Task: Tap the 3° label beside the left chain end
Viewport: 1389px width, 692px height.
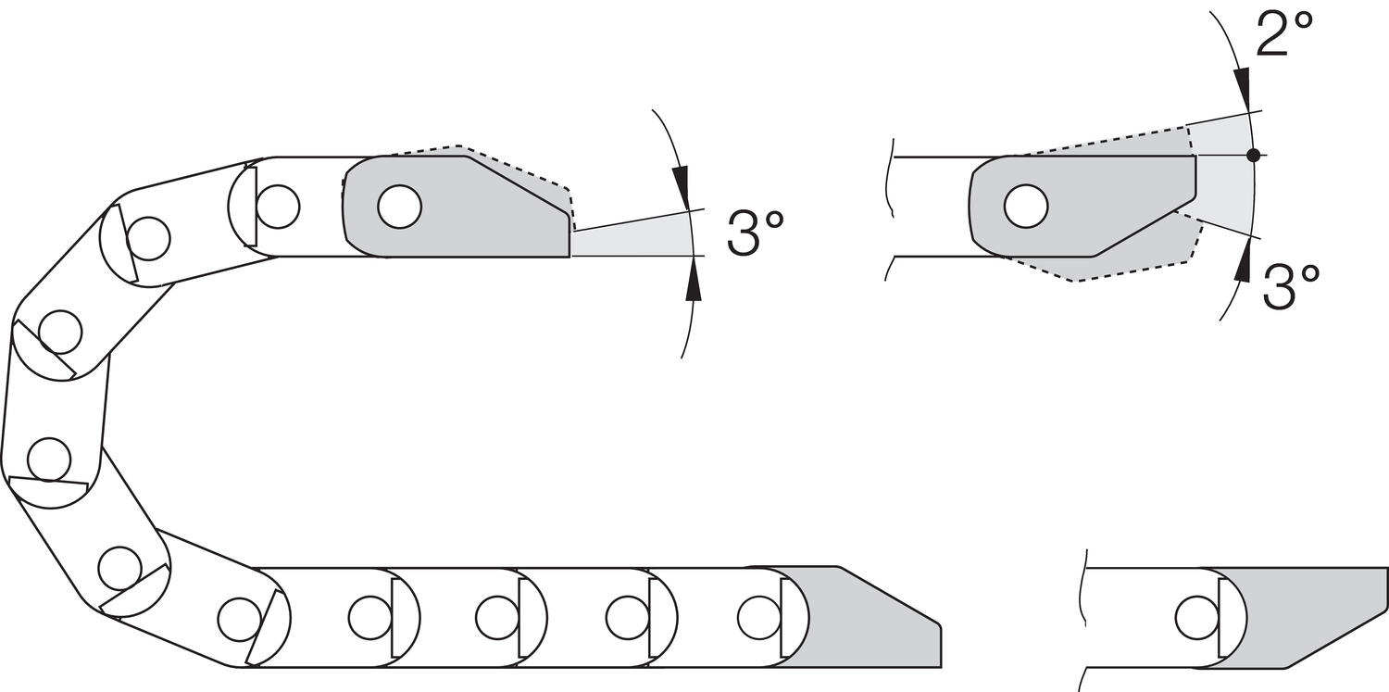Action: (756, 233)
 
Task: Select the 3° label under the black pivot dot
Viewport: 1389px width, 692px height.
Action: (1292, 287)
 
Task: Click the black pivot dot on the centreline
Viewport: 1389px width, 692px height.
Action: (1253, 155)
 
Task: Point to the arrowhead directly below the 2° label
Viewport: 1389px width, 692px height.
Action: (1242, 91)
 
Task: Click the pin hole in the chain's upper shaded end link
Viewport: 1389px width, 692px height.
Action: (399, 206)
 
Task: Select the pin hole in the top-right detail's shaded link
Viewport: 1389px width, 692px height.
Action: (1026, 206)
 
